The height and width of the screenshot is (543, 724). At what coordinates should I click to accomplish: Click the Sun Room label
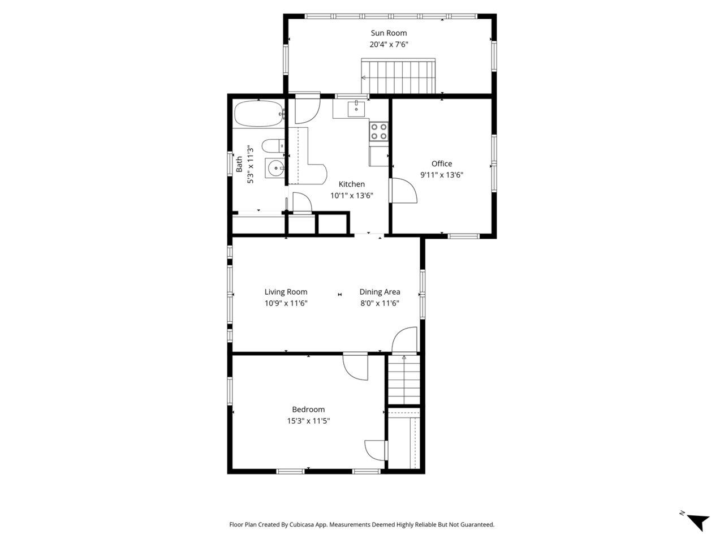coord(389,33)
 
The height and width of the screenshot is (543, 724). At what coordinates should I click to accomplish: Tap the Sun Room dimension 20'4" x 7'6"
coord(389,44)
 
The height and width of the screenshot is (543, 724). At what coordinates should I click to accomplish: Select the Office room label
coord(442,163)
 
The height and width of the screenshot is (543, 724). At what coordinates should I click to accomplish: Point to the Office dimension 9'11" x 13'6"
coord(442,175)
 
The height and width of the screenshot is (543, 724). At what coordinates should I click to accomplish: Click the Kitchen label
coord(351,184)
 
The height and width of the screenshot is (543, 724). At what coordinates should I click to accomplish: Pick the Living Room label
coord(286,292)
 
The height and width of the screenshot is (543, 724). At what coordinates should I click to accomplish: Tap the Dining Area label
coord(380,292)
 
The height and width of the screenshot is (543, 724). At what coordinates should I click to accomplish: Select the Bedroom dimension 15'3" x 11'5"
coord(308,421)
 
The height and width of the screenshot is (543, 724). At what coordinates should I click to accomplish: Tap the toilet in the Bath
coord(274,146)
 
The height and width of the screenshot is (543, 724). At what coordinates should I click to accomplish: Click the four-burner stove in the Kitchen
coord(379,132)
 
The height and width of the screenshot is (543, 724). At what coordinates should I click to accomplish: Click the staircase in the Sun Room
coord(399,76)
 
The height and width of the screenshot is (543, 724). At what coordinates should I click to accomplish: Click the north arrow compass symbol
coord(698,520)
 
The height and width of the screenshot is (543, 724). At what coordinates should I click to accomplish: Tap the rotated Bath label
coord(239,164)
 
